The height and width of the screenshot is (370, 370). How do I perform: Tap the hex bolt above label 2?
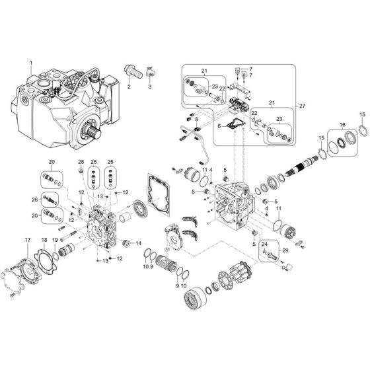pyautogui.click(x=129, y=70)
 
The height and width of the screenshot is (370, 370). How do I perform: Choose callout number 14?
pyautogui.click(x=139, y=243)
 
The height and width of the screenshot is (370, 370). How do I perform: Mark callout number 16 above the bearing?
pyautogui.click(x=342, y=124)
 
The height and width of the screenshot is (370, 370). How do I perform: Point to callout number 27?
pyautogui.click(x=303, y=106)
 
